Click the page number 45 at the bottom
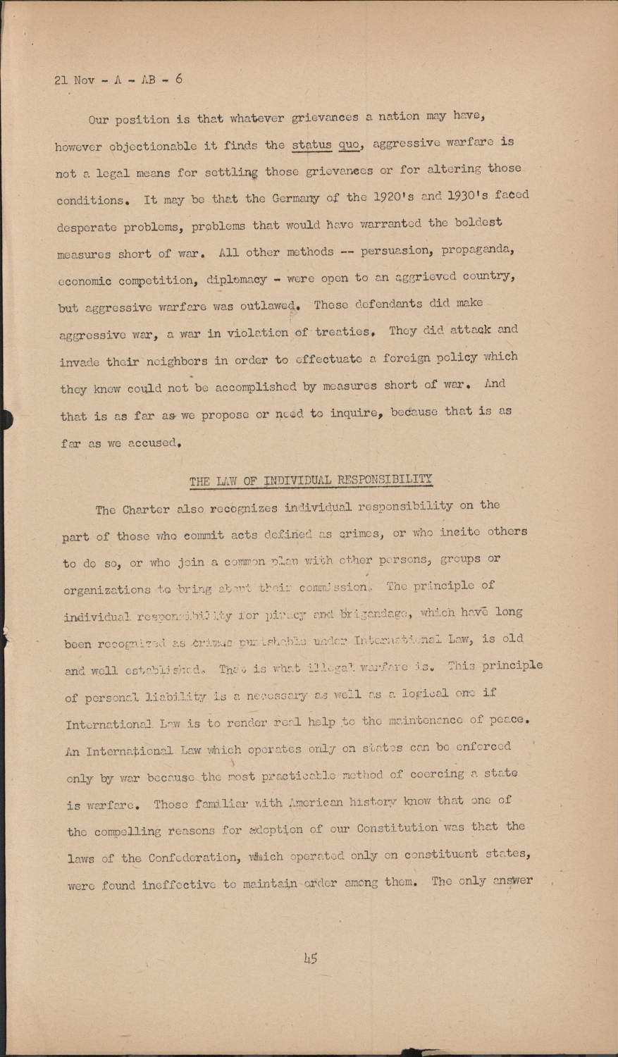click(x=310, y=958)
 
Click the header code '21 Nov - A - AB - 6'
click(x=118, y=80)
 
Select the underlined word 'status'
click(x=311, y=145)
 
